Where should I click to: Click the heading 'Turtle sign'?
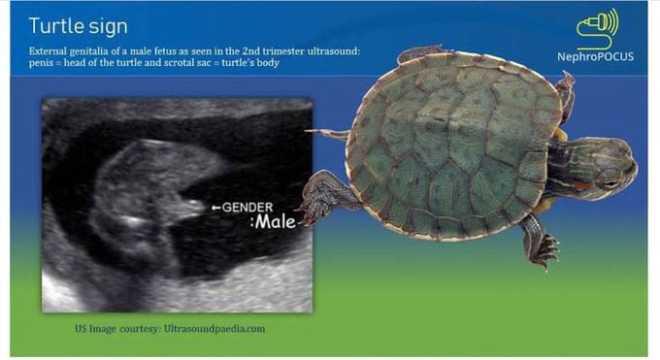pos(77,23)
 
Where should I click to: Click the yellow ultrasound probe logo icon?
pos(598,28)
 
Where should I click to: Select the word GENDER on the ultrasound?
pos(247,207)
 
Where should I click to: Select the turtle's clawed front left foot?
pos(318,195)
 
